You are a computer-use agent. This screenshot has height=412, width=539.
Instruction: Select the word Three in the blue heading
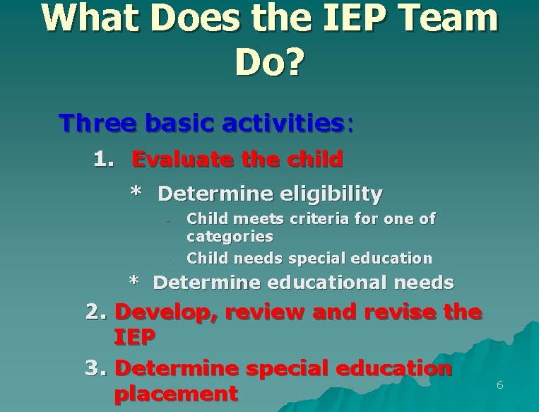tap(98, 123)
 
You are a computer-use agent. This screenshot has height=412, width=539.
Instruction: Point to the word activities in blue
tap(283, 123)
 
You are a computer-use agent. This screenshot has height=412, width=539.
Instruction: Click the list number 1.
tap(104, 159)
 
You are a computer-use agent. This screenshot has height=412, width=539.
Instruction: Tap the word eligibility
tap(332, 193)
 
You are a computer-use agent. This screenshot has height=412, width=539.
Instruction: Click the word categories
tap(230, 236)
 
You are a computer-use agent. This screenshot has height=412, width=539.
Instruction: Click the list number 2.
tap(95, 312)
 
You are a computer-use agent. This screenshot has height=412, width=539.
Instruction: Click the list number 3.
tap(95, 368)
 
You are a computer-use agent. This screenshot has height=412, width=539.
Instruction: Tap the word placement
tap(175, 394)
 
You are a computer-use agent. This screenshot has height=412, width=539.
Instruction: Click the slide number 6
tap(499, 385)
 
